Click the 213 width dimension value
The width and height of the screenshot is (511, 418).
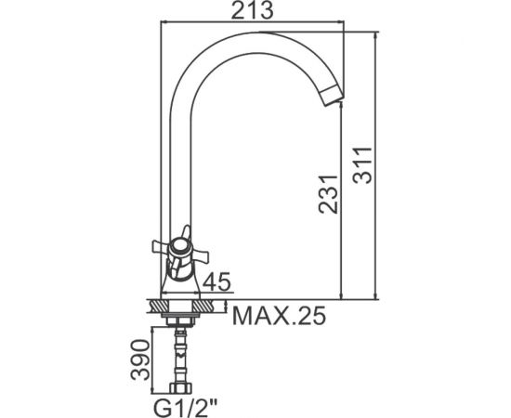[x=252, y=10]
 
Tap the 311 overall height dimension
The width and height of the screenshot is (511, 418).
[x=363, y=166]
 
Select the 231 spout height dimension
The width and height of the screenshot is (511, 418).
[x=329, y=194]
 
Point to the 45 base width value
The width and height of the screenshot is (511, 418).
[x=216, y=281]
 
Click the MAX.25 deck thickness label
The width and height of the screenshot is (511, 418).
[x=280, y=316]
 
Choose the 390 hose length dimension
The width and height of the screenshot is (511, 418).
[x=140, y=360]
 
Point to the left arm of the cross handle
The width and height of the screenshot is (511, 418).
[x=161, y=247]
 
